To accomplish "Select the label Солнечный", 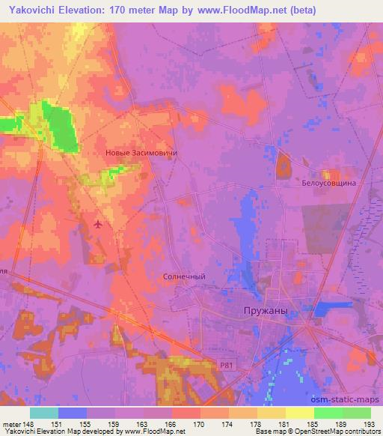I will [x=184, y=276].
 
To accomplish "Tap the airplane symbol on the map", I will [x=99, y=223].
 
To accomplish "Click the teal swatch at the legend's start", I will [x=43, y=413].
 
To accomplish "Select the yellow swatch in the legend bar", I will [x=299, y=413].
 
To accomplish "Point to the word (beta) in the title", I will [x=298, y=10].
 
